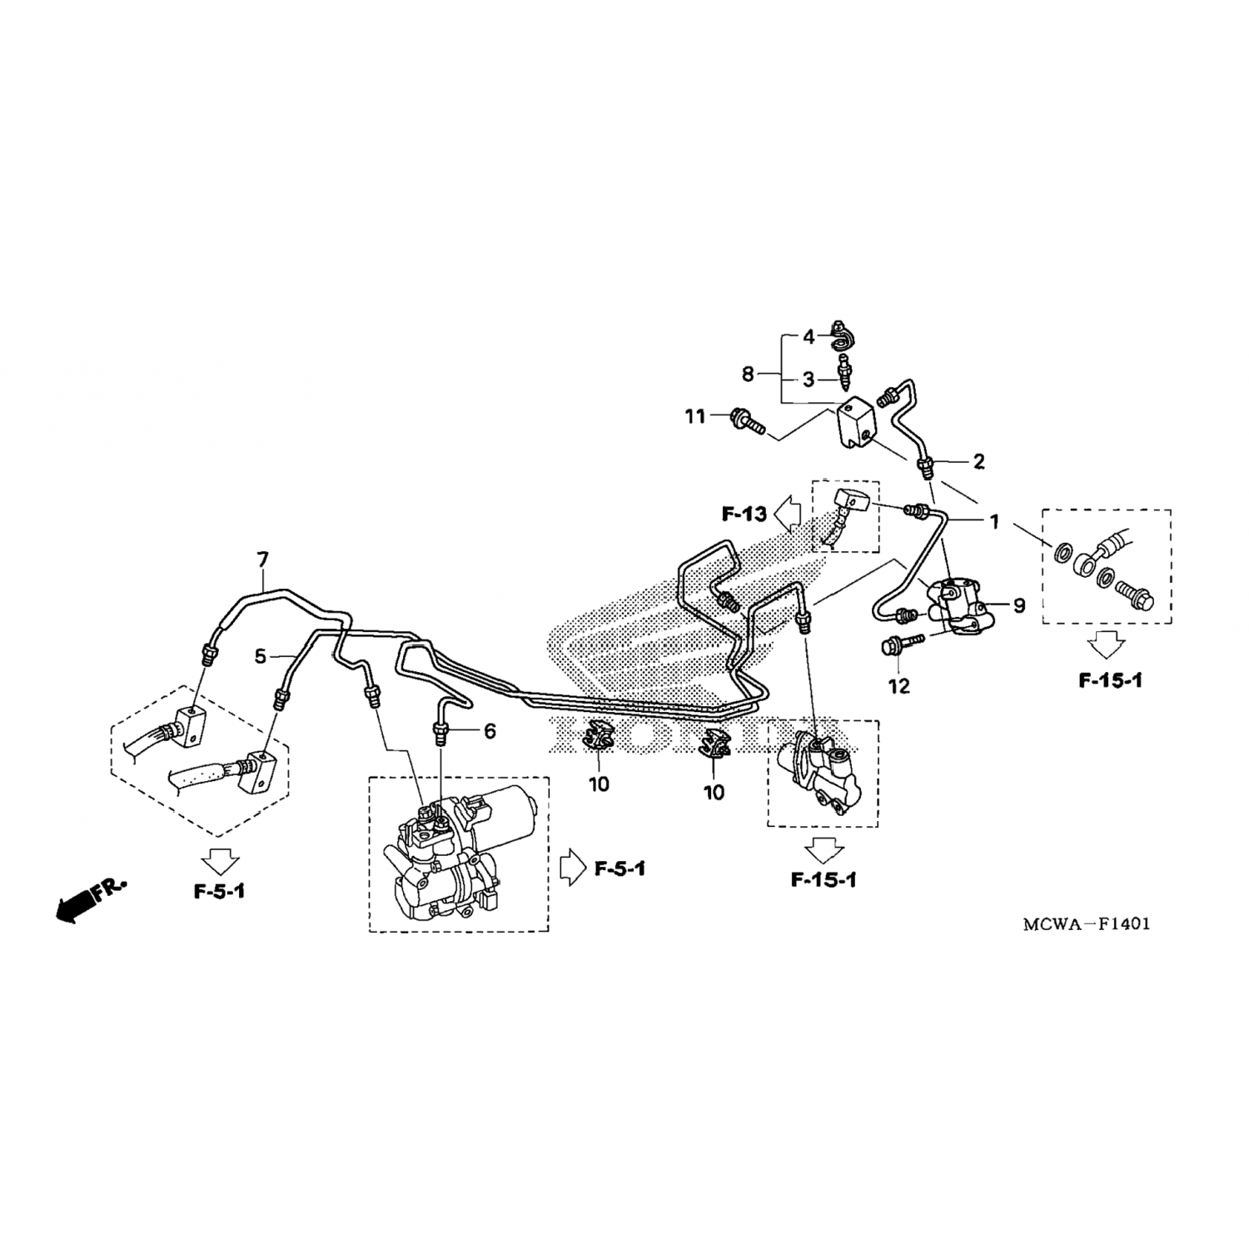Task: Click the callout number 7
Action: point(263,560)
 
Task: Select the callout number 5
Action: point(261,657)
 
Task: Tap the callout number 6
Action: point(490,732)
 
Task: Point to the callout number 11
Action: point(695,416)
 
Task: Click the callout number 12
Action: point(899,687)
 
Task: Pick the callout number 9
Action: point(1019,606)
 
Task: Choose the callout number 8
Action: point(748,375)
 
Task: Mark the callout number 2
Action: point(979,461)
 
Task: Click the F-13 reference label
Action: point(744,515)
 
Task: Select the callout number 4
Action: point(809,338)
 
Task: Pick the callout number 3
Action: point(809,381)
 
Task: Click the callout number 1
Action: point(993,522)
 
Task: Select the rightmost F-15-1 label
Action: point(1111,680)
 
